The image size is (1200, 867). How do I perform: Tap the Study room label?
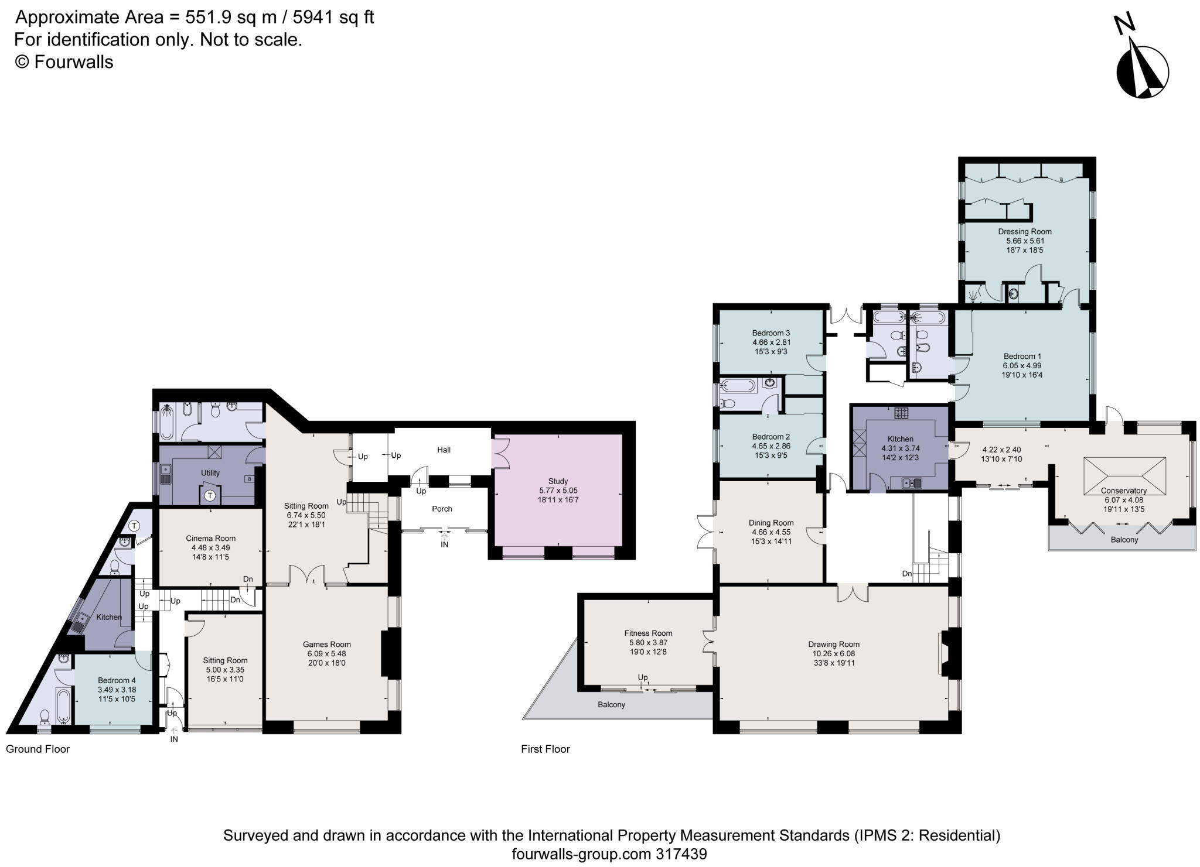click(558, 481)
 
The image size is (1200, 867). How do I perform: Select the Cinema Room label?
click(210, 538)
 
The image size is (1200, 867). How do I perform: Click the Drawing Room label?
click(833, 644)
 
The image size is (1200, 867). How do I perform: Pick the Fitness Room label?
click(647, 633)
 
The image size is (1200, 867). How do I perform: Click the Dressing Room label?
click(1024, 231)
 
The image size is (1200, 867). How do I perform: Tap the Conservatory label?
click(1123, 491)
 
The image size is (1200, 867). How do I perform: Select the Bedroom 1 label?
click(1022, 356)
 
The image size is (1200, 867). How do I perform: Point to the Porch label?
click(442, 509)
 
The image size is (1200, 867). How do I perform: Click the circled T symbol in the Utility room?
click(210, 495)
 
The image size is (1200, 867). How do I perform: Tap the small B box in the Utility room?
click(250, 479)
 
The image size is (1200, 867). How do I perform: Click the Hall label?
click(444, 450)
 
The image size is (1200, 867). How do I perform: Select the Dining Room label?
click(771, 523)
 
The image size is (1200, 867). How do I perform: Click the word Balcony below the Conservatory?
click(1124, 540)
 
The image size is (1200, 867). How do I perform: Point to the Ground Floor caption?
click(37, 749)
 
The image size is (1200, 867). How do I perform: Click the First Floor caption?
click(545, 749)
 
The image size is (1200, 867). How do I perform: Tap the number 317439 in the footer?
click(681, 854)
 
